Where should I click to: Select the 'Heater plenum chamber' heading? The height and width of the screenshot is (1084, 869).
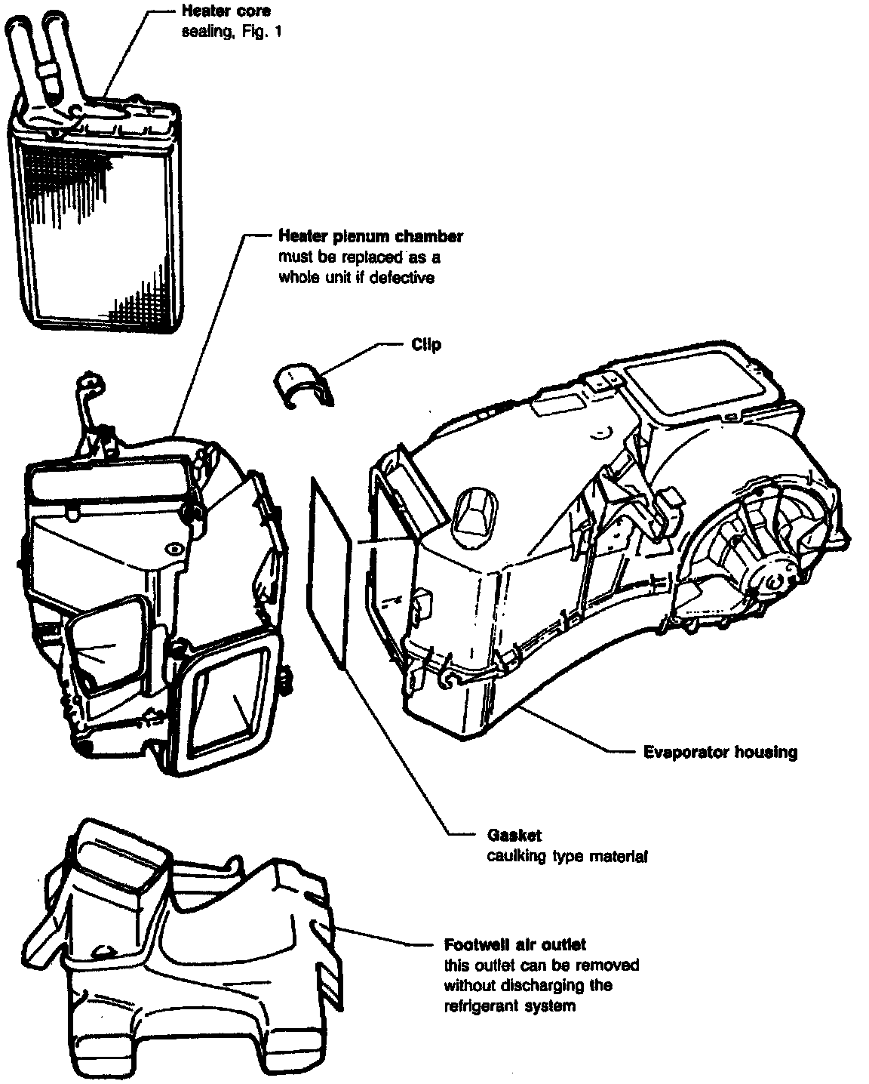click(370, 236)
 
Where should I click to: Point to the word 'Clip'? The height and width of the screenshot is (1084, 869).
click(426, 345)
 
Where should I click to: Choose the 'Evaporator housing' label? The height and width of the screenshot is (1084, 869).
click(720, 752)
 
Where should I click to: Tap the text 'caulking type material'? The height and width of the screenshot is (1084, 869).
click(567, 856)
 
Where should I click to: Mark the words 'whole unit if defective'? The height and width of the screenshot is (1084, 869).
click(356, 277)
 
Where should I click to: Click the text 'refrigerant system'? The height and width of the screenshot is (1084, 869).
click(510, 1006)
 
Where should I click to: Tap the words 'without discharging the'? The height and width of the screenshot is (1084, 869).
click(528, 986)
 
